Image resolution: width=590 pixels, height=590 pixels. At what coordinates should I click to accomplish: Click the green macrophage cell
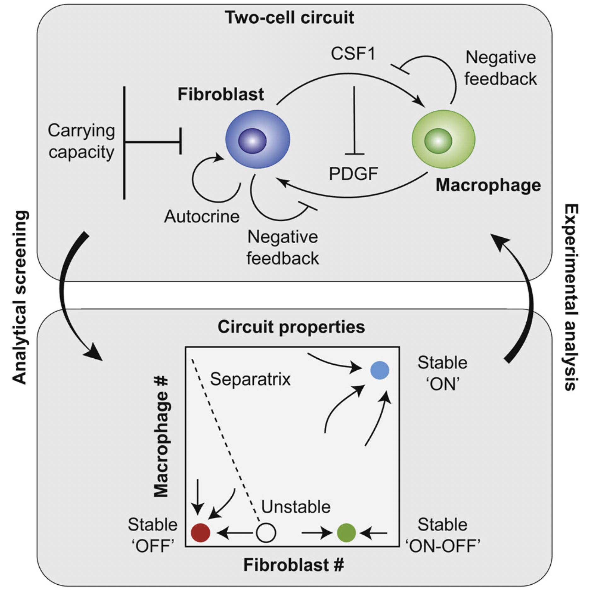[443, 139]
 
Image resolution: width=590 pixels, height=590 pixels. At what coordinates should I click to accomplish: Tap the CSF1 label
[353, 54]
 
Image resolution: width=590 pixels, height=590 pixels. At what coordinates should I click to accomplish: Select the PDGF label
[353, 174]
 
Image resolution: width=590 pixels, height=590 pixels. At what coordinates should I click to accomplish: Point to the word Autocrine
[202, 217]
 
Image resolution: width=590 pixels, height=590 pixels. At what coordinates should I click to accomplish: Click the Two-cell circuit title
[289, 17]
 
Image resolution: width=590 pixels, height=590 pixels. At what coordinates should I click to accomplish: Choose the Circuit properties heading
[291, 327]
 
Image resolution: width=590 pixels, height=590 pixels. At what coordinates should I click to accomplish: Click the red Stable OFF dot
[201, 533]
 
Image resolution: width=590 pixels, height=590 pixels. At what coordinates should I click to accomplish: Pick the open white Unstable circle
[266, 533]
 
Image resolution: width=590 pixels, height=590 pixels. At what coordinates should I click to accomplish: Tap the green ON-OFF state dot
[346, 533]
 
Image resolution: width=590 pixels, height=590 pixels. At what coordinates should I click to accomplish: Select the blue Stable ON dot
[380, 370]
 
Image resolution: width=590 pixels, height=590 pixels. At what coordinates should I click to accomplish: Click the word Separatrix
[250, 379]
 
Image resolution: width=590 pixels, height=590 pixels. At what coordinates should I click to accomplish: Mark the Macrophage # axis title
[161, 438]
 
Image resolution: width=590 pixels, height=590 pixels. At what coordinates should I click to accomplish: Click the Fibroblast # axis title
[293, 564]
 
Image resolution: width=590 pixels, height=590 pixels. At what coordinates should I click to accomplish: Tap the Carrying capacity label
[81, 141]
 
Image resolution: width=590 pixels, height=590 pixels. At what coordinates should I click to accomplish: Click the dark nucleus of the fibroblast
[252, 141]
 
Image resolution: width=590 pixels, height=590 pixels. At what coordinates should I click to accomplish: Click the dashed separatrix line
[225, 441]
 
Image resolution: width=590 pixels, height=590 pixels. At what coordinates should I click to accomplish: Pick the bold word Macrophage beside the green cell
[488, 185]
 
